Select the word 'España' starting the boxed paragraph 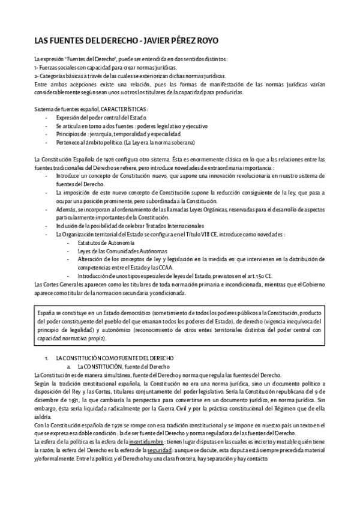[x=46, y=314]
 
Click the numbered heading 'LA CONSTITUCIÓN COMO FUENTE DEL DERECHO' [x=113, y=358]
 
